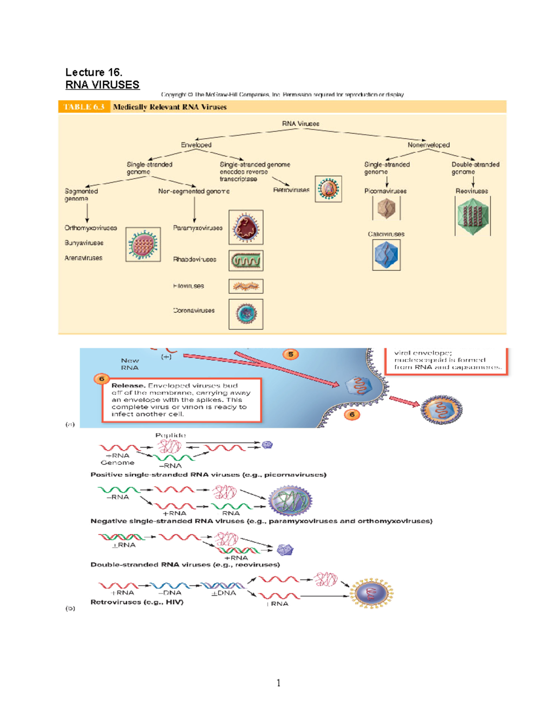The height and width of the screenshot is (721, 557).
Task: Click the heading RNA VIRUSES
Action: point(102,84)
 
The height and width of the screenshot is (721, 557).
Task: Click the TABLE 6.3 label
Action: point(84,107)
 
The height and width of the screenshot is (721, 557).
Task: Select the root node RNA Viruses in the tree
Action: point(300,123)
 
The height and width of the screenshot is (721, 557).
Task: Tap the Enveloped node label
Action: point(196,145)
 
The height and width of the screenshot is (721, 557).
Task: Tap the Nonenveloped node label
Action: point(428,145)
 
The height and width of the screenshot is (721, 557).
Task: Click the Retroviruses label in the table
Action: point(291,190)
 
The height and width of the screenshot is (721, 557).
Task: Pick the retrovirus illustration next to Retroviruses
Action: point(328,189)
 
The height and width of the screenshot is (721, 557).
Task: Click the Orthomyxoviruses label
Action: point(91,228)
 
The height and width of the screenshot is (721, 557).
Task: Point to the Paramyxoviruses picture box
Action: point(246,227)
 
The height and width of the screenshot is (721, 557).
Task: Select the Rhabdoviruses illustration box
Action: point(246,261)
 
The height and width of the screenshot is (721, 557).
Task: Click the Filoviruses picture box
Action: point(246,286)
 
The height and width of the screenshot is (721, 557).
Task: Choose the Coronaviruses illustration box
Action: point(246,314)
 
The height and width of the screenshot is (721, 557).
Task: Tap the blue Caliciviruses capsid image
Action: point(386,255)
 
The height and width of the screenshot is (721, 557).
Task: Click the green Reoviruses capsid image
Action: point(473,216)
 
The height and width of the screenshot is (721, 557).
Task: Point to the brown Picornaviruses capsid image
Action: point(386,208)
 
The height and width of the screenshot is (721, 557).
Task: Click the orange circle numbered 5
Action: point(291,354)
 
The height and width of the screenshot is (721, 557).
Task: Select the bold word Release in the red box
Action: point(128,385)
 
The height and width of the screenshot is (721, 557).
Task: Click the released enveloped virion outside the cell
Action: point(441,410)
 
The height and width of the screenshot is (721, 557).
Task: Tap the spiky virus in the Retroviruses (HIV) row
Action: point(371,593)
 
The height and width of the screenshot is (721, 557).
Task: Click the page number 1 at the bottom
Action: point(278,682)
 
